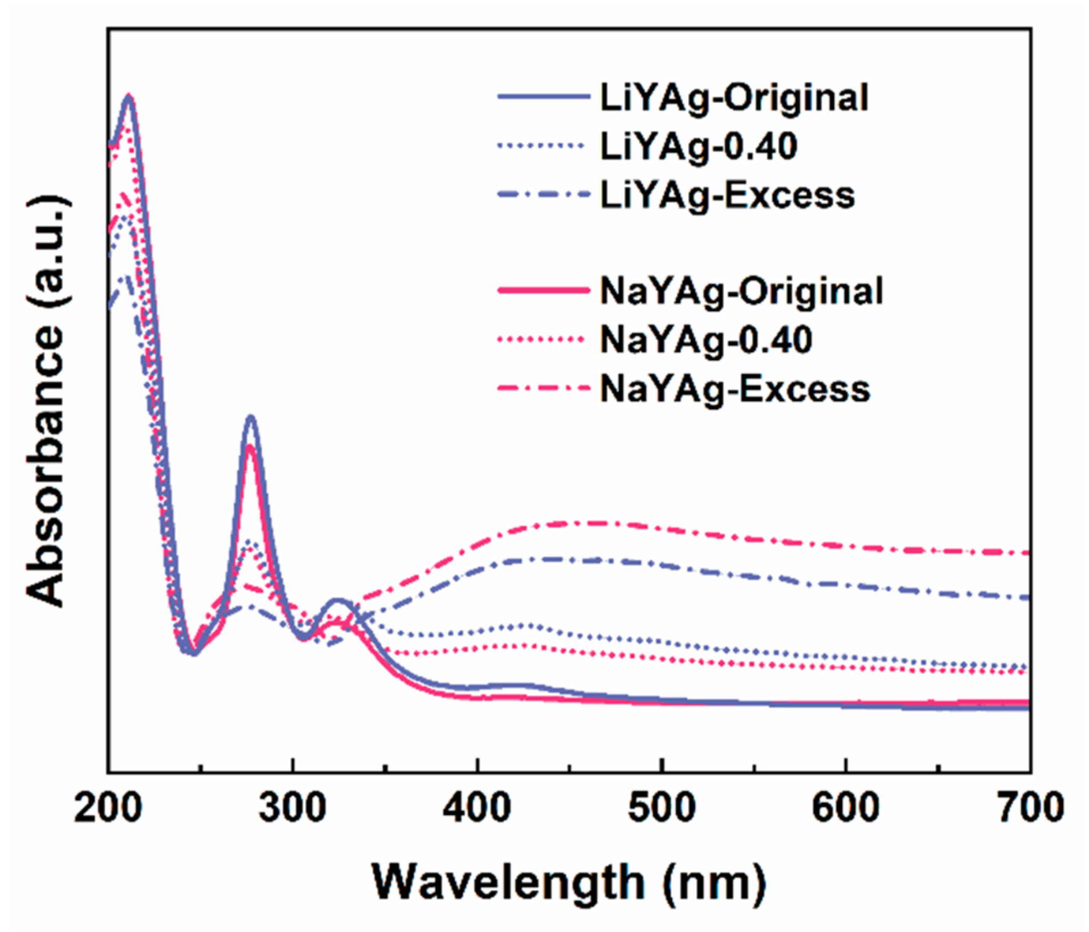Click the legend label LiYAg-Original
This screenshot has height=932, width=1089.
pyautogui.click(x=734, y=98)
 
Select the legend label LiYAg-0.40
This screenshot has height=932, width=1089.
pyautogui.click(x=698, y=147)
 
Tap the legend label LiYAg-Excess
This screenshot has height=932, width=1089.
pyautogui.click(x=727, y=196)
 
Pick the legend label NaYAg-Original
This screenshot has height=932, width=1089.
pyautogui.click(x=741, y=291)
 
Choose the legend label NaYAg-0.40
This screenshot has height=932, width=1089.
pyautogui.click(x=705, y=340)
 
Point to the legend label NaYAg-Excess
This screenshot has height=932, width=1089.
pyautogui.click(x=735, y=389)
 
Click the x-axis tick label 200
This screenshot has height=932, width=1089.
pyautogui.click(x=108, y=808)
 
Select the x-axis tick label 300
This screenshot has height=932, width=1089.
pyautogui.click(x=292, y=808)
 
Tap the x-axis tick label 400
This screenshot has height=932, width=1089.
pyautogui.click(x=477, y=808)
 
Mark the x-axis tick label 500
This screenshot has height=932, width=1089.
pyautogui.click(x=661, y=808)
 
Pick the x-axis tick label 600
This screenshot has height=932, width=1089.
pyautogui.click(x=846, y=808)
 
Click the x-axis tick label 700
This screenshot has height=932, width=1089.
pyautogui.click(x=1029, y=808)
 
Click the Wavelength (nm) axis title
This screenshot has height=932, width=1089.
pyautogui.click(x=568, y=882)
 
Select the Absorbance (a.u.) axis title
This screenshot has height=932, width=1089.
pyautogui.click(x=47, y=401)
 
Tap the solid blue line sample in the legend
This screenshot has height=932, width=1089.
pyautogui.click(x=543, y=97)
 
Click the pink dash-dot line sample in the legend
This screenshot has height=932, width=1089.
pyautogui.click(x=543, y=389)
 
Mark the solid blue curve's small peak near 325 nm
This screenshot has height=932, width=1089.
pyautogui.click(x=338, y=600)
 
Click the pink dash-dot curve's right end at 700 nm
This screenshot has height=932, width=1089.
pyautogui.click(x=1027, y=553)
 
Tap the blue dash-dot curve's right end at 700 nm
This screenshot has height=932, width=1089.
pyautogui.click(x=1027, y=597)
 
